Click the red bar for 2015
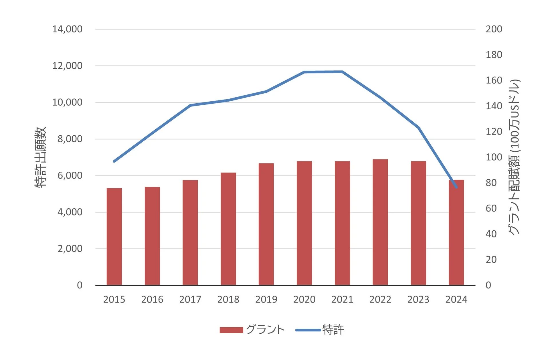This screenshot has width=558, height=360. [x=114, y=236]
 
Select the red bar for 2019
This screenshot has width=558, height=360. [x=266, y=224]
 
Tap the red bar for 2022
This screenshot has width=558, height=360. [x=380, y=222]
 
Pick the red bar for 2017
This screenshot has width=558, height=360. [x=190, y=232]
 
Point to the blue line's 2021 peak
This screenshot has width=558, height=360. [x=342, y=72]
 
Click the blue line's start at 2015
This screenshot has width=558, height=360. [x=114, y=161]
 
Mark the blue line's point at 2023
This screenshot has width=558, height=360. [x=418, y=128]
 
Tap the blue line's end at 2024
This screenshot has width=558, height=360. [x=456, y=187]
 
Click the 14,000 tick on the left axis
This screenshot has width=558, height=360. [x=67, y=29]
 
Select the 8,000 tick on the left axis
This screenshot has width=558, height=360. [x=70, y=139]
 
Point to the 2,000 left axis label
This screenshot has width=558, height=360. [x=70, y=249]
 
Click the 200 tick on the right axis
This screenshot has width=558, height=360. [x=494, y=29]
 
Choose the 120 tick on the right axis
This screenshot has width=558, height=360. [x=494, y=132]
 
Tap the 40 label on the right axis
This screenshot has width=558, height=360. [x=491, y=234]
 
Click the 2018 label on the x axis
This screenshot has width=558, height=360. [x=228, y=300]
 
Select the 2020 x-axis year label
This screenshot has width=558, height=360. [x=304, y=300]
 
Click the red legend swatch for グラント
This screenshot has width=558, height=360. [x=231, y=330]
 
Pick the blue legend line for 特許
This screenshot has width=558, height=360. [x=308, y=330]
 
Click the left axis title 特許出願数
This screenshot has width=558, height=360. [x=41, y=157]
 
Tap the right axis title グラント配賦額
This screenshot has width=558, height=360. [x=514, y=157]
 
